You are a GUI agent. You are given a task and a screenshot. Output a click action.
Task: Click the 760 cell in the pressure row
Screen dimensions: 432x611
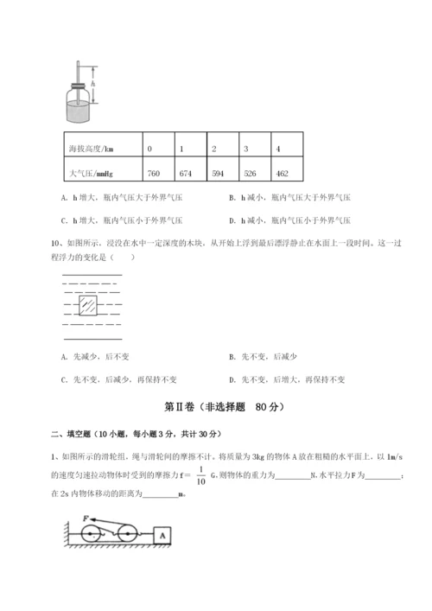pos(154,174)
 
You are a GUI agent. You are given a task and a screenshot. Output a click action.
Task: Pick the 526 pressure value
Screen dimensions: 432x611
pos(251,174)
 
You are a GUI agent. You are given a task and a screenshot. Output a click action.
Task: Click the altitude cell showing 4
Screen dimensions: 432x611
pos(277,149)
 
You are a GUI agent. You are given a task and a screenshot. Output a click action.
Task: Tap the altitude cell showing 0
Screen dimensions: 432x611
pos(150,149)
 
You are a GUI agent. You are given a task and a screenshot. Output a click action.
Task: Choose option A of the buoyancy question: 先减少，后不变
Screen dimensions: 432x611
pos(95,356)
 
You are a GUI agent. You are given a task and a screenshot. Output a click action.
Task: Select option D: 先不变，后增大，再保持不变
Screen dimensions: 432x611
pos(290,379)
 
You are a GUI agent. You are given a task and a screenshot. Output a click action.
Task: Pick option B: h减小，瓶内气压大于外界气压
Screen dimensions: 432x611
pos(290,221)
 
